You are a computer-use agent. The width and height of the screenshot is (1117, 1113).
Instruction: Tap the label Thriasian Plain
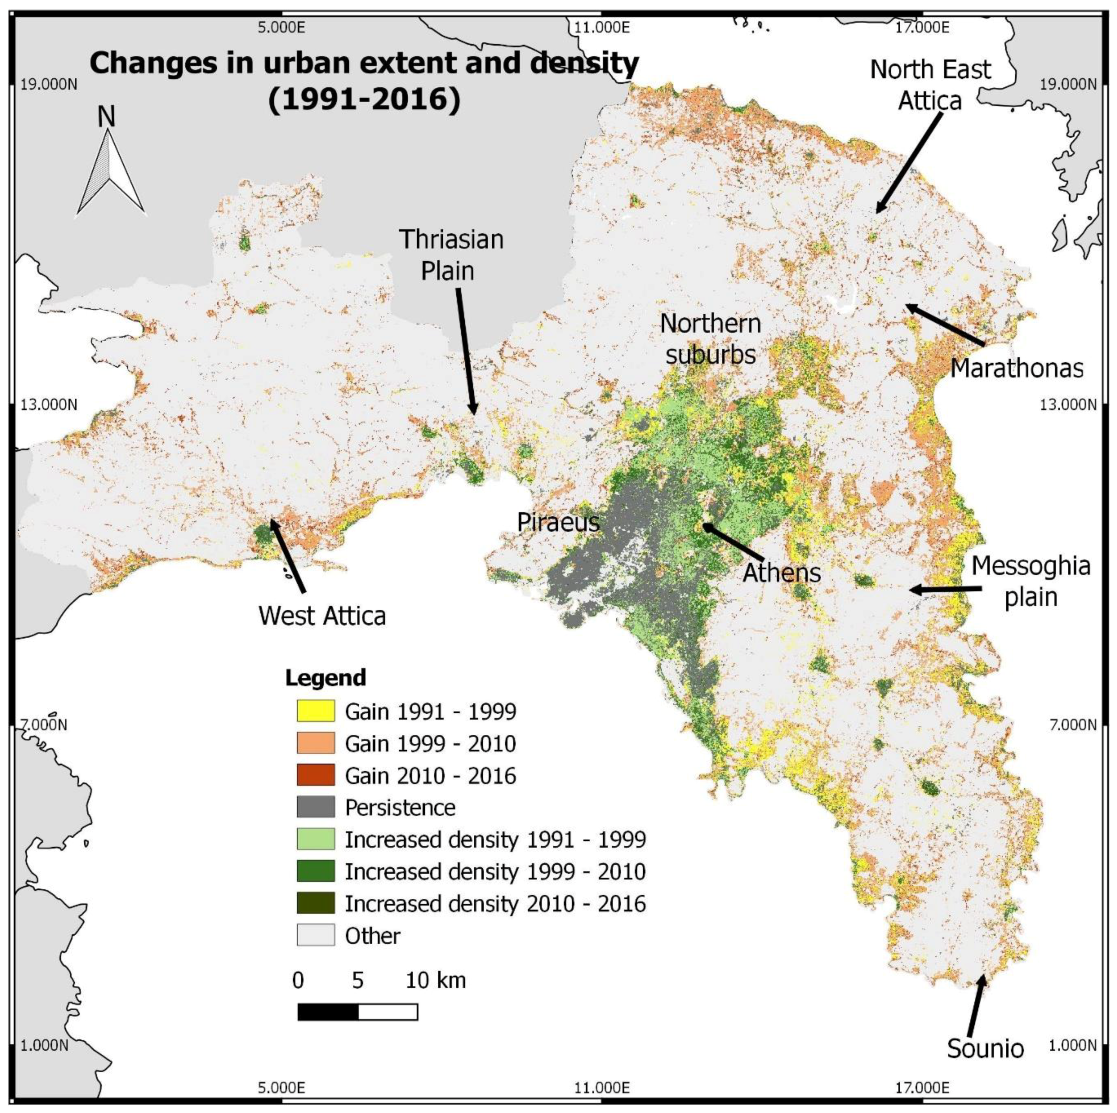point(451,255)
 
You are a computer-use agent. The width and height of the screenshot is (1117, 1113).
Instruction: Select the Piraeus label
point(558,522)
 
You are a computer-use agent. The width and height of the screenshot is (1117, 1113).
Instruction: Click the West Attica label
point(322,615)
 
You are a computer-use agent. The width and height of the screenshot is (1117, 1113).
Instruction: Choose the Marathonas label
point(1017,367)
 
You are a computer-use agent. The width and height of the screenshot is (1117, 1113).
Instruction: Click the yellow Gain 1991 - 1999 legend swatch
point(316,711)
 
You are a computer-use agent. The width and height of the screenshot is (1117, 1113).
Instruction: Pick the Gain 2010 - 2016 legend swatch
point(316,775)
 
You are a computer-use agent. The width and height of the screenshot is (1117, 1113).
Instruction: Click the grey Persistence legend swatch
point(316,807)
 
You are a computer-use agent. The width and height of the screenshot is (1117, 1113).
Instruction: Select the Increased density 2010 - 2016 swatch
point(316,903)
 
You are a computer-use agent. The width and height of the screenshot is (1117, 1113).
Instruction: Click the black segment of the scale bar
point(328,1012)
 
